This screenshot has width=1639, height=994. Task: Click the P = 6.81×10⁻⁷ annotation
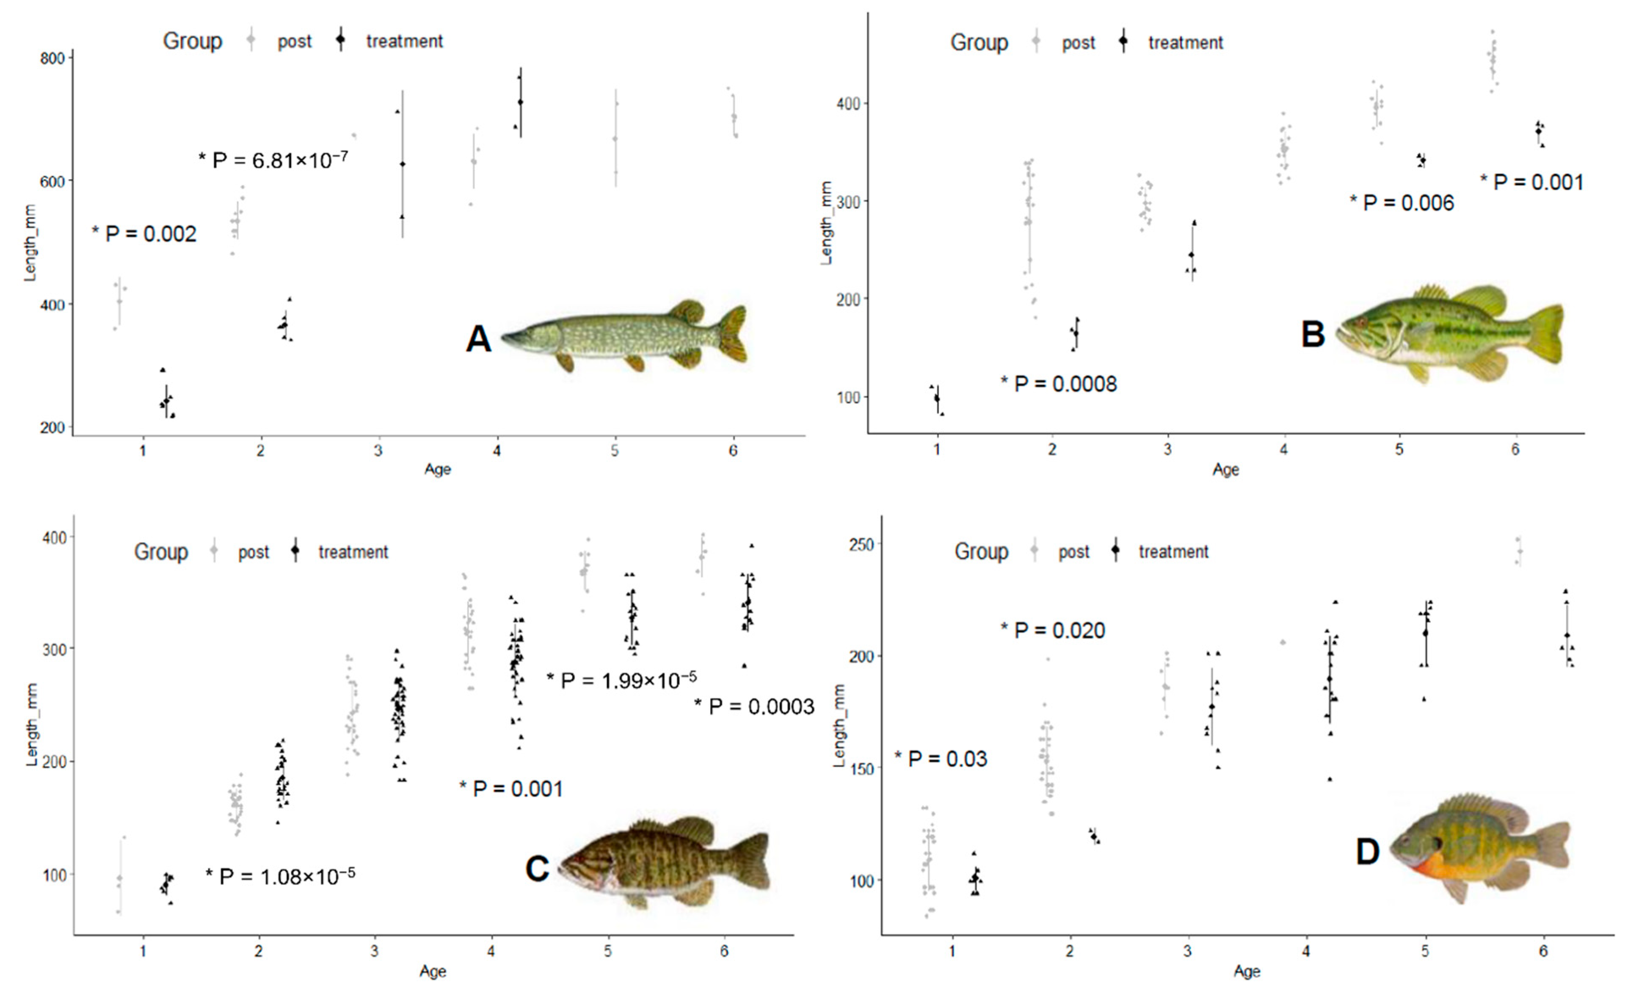click(x=273, y=160)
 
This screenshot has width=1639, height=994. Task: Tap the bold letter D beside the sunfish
click(x=1368, y=852)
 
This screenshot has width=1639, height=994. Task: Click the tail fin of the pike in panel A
click(x=734, y=334)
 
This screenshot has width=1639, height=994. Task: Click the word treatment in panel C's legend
click(x=353, y=552)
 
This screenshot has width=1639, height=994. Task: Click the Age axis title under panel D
click(x=1247, y=972)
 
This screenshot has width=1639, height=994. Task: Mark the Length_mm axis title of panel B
click(x=827, y=223)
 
